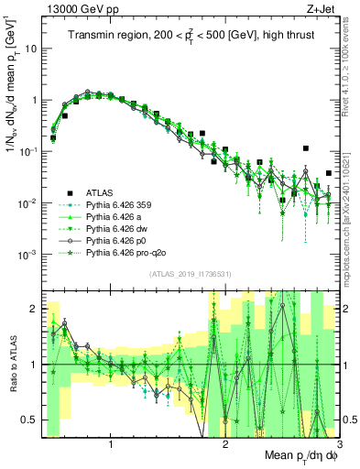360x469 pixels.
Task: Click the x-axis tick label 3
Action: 338,444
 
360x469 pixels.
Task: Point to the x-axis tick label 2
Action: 225,444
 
